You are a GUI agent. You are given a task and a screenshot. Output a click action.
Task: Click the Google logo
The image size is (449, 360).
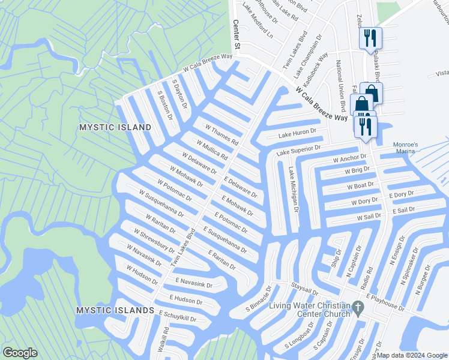tap(20, 353)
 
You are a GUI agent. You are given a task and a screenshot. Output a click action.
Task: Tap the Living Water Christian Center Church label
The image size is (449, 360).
tap(309, 310)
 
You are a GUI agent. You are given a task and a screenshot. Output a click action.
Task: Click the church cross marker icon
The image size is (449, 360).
tap(358, 309)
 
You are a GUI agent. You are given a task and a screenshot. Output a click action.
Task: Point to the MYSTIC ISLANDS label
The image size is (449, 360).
tap(115, 310)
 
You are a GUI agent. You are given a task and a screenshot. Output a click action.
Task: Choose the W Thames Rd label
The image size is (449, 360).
tap(221, 136)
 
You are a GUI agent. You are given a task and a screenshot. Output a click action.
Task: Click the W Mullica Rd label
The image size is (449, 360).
tap(212, 149)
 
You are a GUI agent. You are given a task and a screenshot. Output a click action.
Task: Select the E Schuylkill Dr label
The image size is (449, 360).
tap(178, 316)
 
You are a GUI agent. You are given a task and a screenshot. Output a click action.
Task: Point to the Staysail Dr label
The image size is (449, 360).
tap(303, 290)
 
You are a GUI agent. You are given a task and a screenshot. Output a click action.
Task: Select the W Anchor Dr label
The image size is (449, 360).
tap(349, 159)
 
